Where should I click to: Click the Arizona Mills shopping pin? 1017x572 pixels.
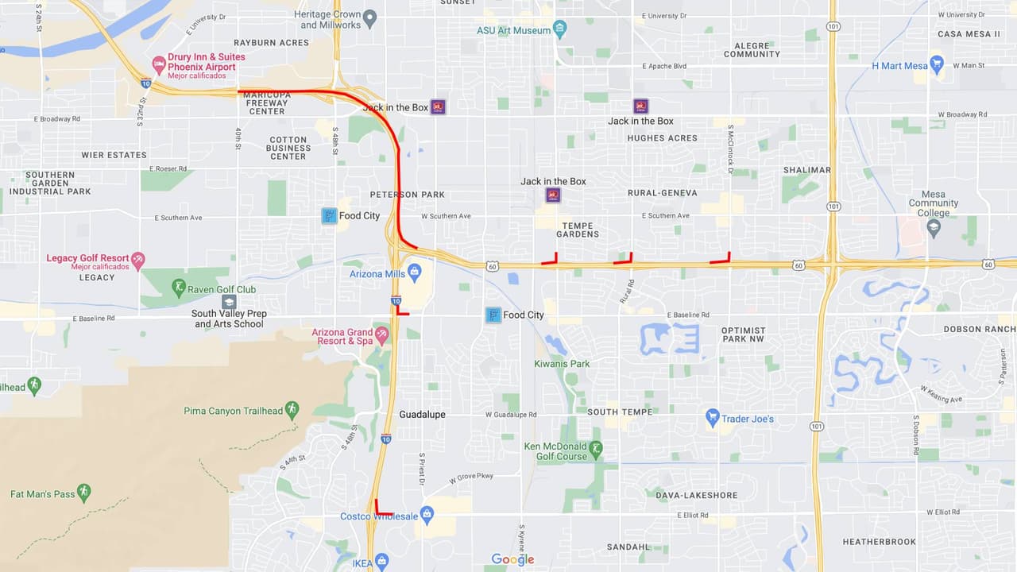click(414, 274)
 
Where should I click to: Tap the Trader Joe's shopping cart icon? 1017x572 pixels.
click(713, 418)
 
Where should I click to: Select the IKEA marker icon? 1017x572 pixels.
click(382, 562)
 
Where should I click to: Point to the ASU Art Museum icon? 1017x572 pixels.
click(560, 30)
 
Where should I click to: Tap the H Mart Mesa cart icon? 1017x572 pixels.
click(937, 65)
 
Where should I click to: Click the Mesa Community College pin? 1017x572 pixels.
click(934, 228)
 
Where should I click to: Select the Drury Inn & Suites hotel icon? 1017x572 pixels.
click(158, 65)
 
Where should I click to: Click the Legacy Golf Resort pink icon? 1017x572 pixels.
click(139, 260)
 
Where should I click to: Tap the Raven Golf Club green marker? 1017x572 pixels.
click(180, 288)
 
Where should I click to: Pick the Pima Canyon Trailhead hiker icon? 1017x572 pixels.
click(292, 410)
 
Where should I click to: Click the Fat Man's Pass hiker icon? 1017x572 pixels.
click(84, 493)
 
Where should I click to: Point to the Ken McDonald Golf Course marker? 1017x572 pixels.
click(596, 450)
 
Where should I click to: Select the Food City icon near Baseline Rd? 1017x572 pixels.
click(493, 315)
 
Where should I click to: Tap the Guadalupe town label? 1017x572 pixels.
click(422, 415)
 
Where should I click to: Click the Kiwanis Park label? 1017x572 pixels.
click(562, 364)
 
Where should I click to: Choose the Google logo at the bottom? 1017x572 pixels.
click(512, 559)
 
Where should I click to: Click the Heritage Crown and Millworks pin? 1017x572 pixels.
click(369, 17)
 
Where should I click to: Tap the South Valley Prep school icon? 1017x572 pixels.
click(229, 302)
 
